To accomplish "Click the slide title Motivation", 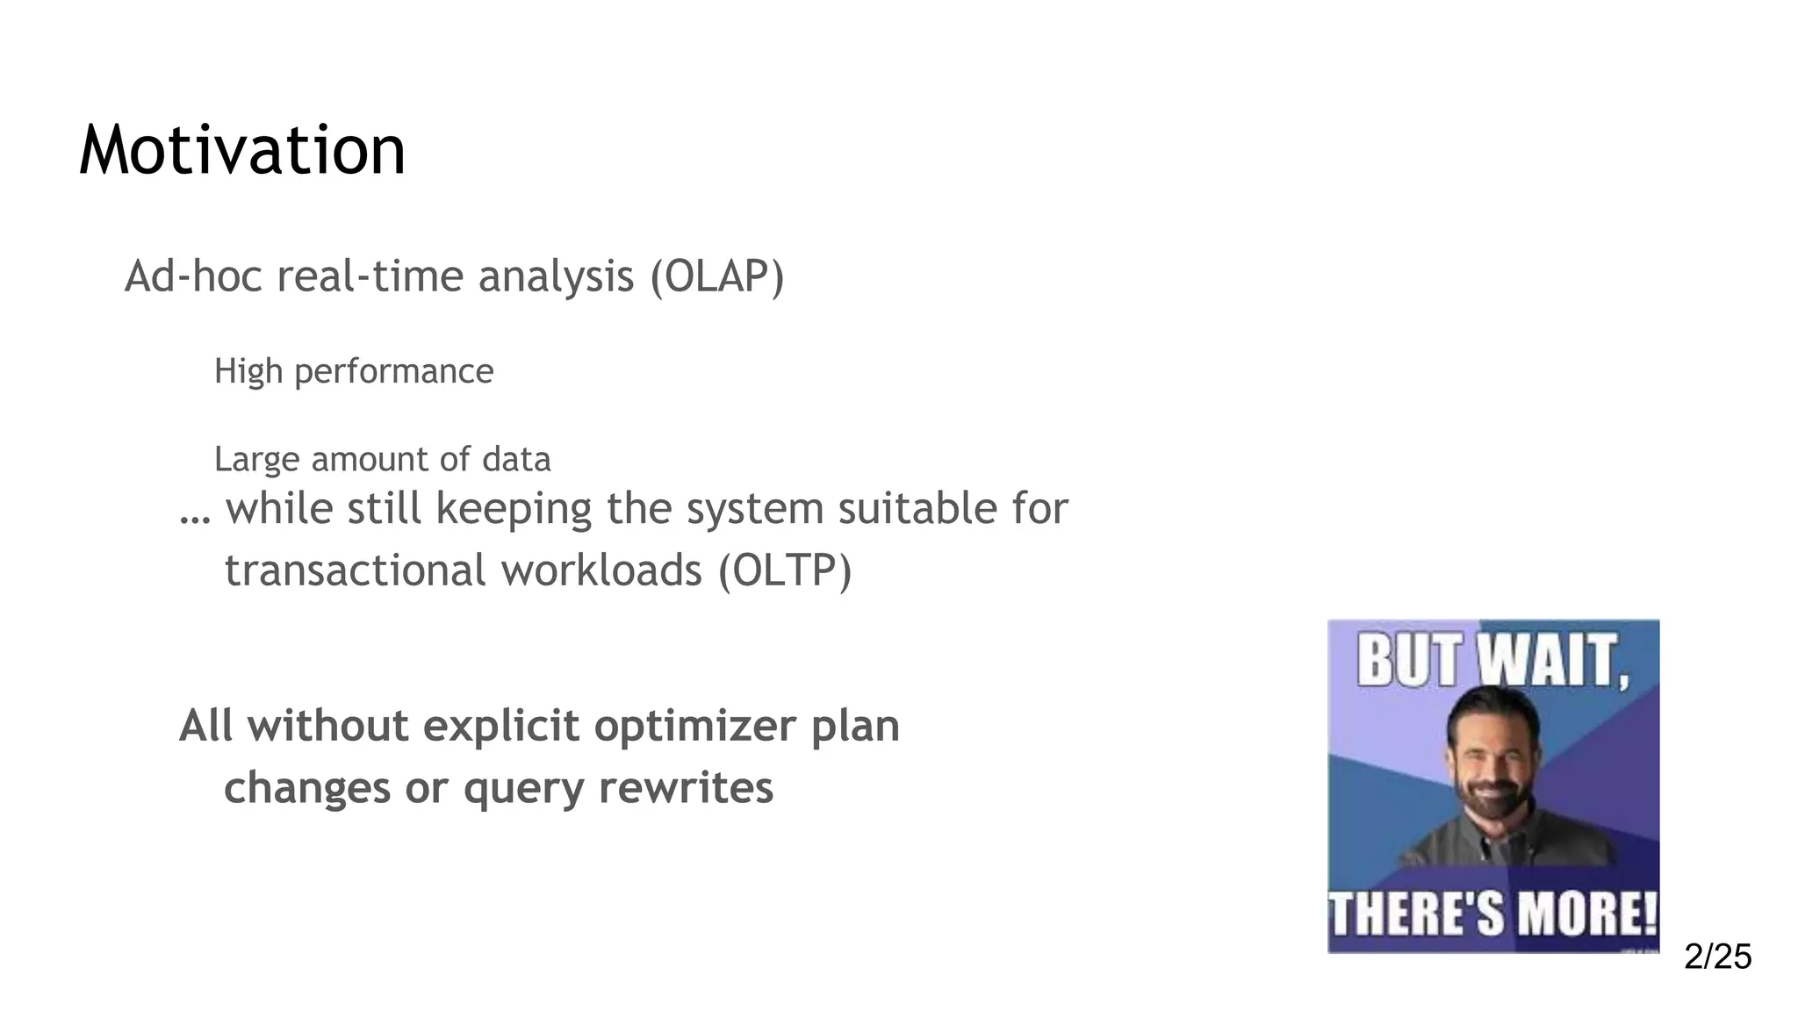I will click(242, 151).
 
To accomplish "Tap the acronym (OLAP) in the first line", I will click(716, 277).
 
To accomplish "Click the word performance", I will click(393, 372).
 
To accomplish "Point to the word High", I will click(248, 371).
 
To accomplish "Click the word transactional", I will click(356, 570).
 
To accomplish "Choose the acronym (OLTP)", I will click(785, 570).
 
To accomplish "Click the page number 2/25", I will click(1717, 957).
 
